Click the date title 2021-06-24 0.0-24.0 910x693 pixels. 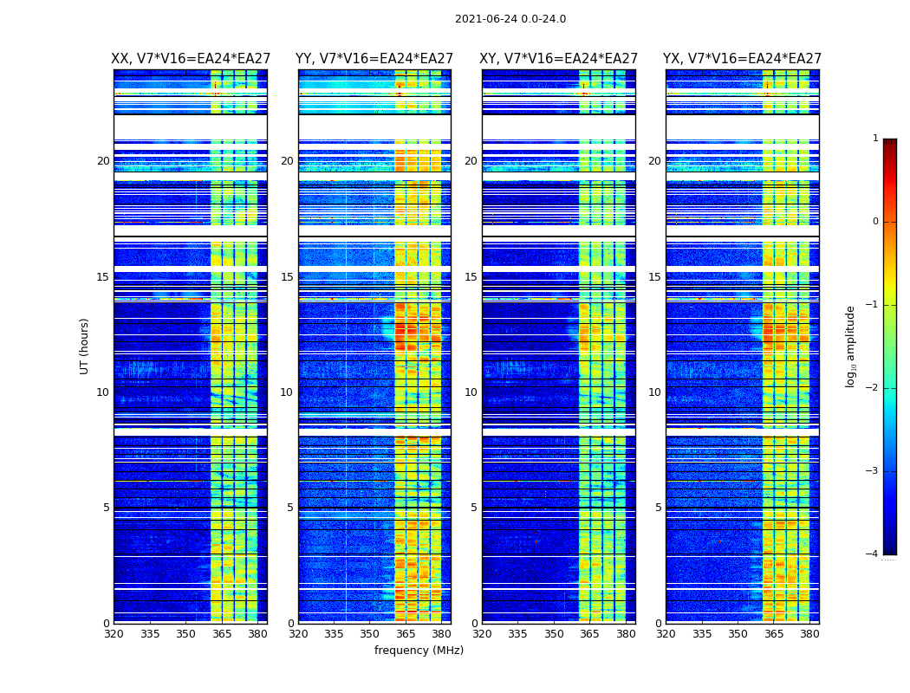point(510,19)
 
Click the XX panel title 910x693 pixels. point(191,59)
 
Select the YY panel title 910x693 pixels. point(374,59)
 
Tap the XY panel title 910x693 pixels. point(559,59)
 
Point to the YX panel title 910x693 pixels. point(742,59)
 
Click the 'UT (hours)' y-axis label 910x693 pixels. point(85,346)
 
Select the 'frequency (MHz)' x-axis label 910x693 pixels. point(419,651)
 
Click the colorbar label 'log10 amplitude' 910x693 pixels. point(851,346)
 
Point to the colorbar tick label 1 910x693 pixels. point(875,139)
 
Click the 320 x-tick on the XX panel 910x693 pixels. point(114,634)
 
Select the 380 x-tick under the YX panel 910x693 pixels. point(809,634)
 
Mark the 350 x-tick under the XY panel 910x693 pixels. point(554,634)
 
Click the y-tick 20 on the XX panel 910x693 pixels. point(103,161)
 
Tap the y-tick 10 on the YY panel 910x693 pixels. point(287,392)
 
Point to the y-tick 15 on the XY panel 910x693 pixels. point(471,277)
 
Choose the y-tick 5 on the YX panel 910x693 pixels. point(658,508)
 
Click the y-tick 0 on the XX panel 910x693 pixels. point(107,624)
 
